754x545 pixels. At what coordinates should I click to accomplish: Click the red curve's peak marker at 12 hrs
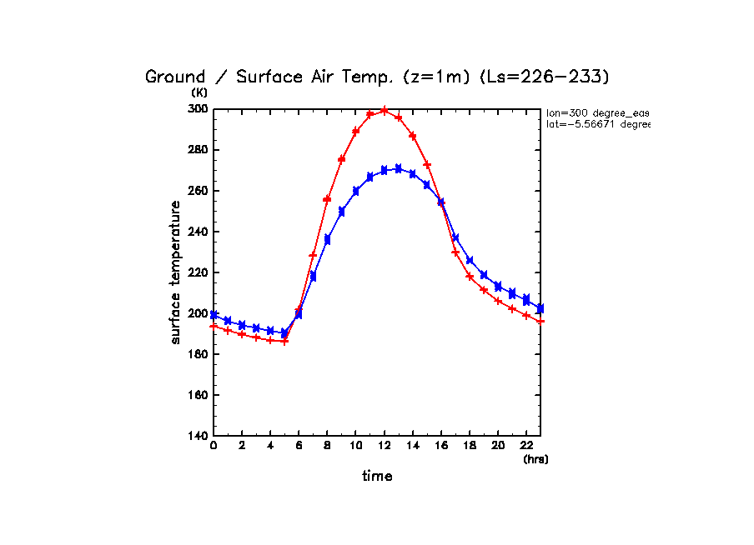[384, 110]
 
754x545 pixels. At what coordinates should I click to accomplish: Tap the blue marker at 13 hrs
[398, 168]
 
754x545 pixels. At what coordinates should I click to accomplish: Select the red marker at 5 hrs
[284, 341]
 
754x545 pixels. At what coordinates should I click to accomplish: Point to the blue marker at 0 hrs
[214, 315]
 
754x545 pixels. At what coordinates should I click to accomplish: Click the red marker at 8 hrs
[327, 199]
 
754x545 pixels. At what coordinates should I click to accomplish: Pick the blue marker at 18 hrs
[470, 261]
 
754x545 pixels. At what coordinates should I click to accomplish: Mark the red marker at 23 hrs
[540, 321]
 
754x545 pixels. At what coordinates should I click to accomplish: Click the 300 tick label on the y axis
[198, 109]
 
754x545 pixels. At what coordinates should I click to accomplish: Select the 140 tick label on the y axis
[198, 436]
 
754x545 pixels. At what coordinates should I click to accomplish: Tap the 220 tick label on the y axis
[198, 272]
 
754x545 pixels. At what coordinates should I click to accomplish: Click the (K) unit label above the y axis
[199, 92]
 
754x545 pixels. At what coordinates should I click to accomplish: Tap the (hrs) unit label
[535, 459]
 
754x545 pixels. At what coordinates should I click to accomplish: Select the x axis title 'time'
[377, 476]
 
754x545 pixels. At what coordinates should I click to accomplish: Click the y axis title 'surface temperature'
[176, 272]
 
